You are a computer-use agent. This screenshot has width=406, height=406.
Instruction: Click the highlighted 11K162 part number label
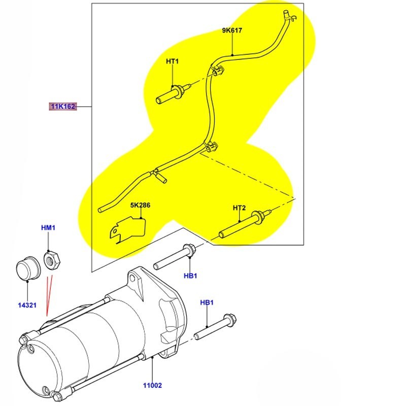pos(62,107)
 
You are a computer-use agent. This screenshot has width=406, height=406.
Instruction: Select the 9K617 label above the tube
pos(232,30)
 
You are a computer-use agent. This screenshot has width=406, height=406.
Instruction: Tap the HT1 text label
pos(173,61)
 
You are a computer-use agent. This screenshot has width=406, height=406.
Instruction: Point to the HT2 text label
pos(239,208)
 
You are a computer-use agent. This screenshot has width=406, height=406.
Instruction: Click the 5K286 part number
pos(140,206)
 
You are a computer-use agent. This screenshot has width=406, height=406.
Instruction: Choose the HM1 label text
pos(48,228)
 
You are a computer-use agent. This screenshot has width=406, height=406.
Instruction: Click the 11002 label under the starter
pos(152,385)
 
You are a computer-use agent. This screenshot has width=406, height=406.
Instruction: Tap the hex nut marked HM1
pos(51,261)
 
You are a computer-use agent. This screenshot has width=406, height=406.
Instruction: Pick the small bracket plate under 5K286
pos(127,229)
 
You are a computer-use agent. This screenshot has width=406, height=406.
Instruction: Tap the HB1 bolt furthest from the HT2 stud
pos(213,327)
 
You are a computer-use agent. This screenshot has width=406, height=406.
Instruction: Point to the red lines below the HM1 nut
pos(48,297)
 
